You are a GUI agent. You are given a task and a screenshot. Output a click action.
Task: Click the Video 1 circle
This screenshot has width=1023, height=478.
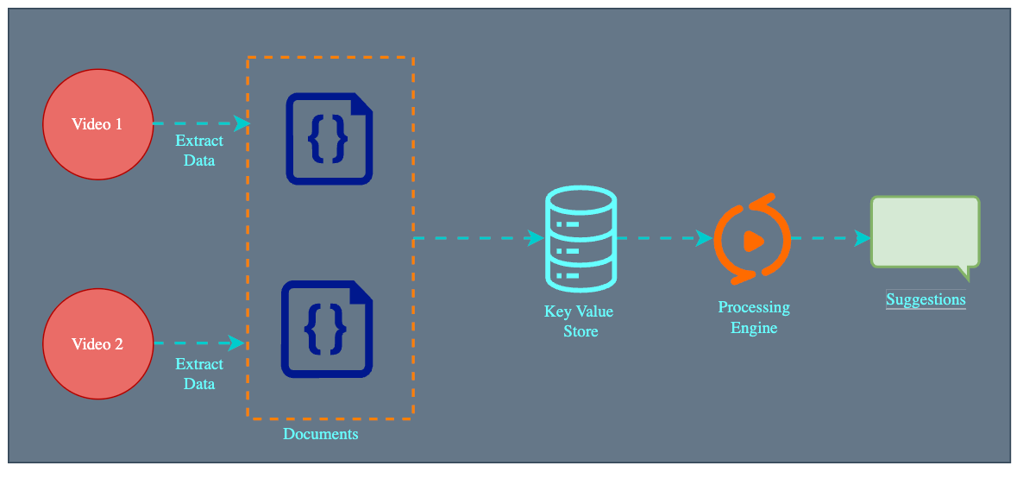coord(97,124)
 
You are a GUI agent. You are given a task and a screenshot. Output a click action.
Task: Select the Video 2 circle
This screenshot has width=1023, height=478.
coord(97,344)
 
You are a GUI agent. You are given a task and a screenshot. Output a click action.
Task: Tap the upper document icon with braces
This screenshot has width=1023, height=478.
coord(330,139)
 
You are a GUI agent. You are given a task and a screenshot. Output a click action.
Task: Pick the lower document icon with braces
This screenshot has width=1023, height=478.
coord(327,329)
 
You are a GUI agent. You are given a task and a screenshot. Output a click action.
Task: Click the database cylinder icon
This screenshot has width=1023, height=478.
coord(581,239)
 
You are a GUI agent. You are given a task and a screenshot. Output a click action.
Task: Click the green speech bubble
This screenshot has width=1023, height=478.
coord(926,231)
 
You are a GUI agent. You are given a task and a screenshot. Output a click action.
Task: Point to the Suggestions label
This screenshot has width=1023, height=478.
coord(926,300)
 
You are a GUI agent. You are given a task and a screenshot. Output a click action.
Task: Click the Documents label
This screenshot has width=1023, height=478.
coord(321,434)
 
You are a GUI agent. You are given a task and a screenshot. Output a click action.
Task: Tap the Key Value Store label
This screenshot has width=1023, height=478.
coord(580,321)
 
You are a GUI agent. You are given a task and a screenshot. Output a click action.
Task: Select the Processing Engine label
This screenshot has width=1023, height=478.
coord(754,318)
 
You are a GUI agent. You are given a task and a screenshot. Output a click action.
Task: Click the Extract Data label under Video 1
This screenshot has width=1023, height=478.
coord(199,150)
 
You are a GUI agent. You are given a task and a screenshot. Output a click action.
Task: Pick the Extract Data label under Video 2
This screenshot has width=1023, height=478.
coord(199,374)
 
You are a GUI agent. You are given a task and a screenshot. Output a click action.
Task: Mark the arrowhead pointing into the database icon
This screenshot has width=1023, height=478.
coord(536,238)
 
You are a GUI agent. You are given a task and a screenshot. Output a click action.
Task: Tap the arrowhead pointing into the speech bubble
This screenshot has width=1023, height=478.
coord(862,238)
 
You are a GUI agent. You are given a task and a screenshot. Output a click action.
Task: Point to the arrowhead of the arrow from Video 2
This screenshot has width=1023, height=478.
coord(235,343)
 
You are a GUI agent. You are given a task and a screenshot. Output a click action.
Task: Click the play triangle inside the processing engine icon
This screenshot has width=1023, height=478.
coord(753,240)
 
